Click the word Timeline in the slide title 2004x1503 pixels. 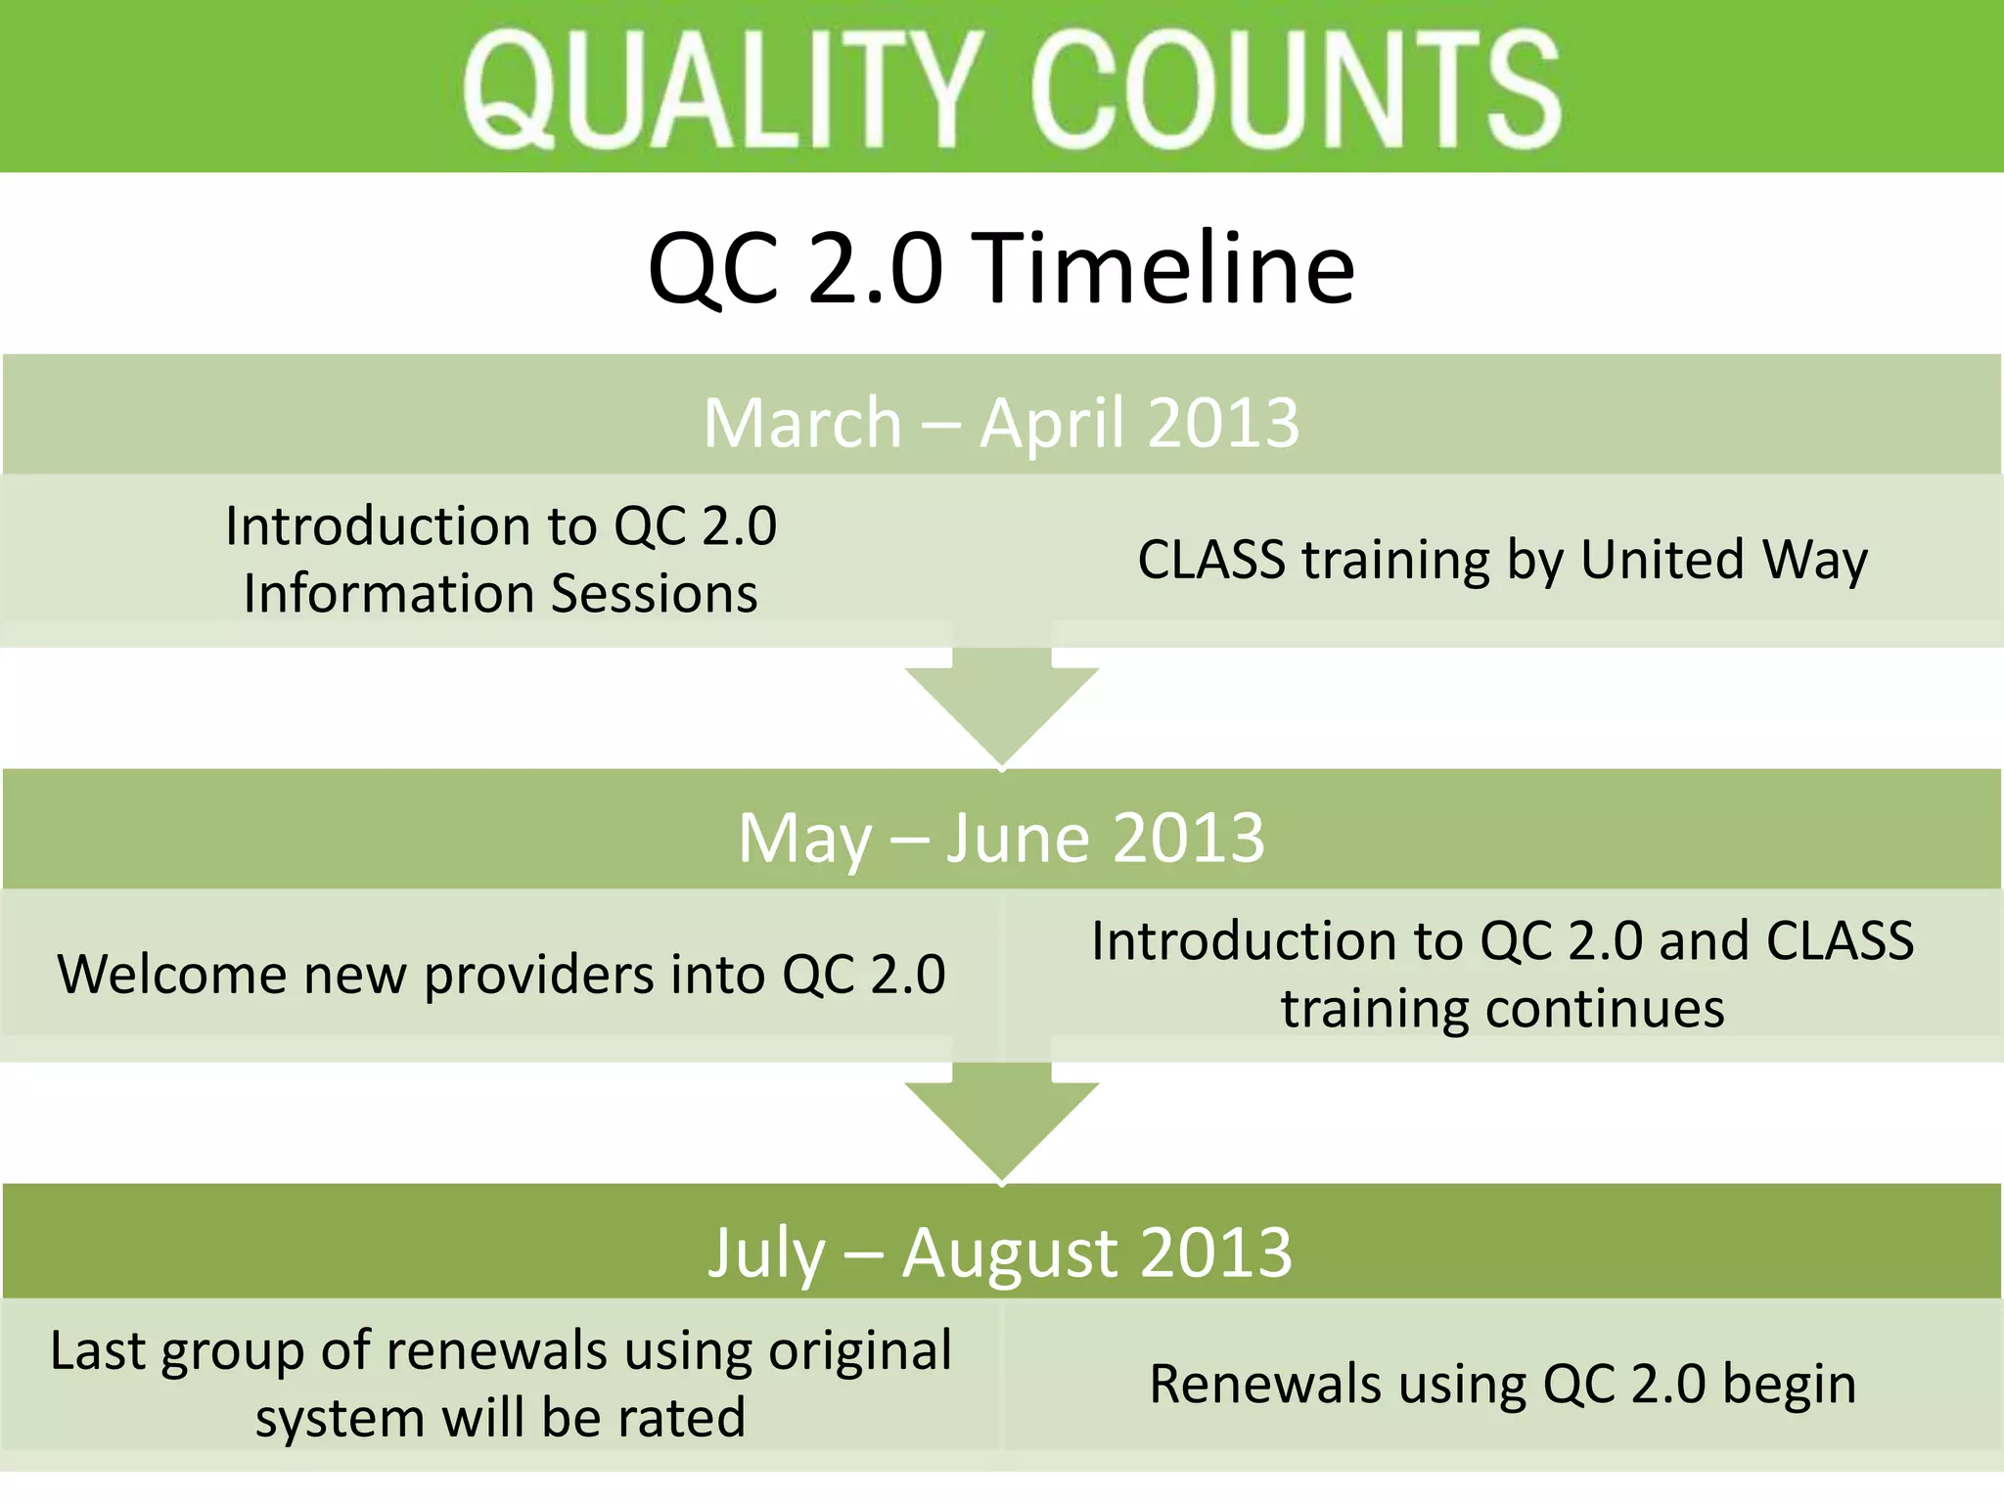coord(1168,268)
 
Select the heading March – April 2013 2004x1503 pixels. coord(1001,423)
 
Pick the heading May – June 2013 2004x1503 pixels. coord(1001,838)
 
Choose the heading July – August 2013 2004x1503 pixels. coord(1001,1252)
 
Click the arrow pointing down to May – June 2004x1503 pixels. coord(1001,709)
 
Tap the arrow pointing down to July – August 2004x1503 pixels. coord(1001,1124)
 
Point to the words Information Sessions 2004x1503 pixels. coord(500,594)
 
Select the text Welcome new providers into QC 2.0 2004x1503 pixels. coord(501,975)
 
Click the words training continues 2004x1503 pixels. coord(1503,1009)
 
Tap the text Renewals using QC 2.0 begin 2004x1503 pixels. coord(1503,1385)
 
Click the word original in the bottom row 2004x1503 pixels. coord(860,1351)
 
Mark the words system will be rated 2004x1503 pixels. coord(500,1418)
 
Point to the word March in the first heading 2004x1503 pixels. coord(802,424)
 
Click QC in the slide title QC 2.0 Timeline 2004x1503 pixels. coord(713,268)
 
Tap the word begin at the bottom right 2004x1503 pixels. coord(1790,1385)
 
